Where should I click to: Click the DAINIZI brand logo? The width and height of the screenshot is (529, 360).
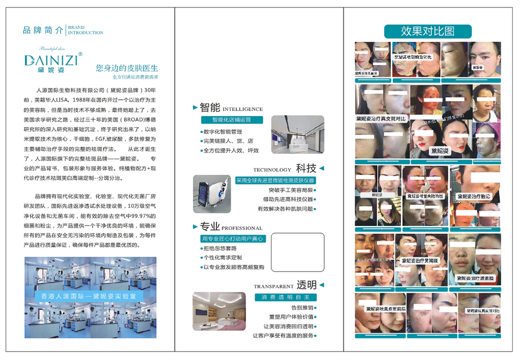point(51,59)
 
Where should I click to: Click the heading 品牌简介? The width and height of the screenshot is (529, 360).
point(43,30)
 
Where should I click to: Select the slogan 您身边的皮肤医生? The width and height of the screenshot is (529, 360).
point(127,69)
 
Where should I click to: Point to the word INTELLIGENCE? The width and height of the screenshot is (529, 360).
point(246,109)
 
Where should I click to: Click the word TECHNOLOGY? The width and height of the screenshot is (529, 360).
point(272,170)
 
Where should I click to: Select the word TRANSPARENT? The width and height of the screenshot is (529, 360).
point(273,286)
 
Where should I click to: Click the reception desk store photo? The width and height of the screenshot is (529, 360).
point(297,134)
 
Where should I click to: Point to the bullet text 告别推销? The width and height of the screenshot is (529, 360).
point(302,308)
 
